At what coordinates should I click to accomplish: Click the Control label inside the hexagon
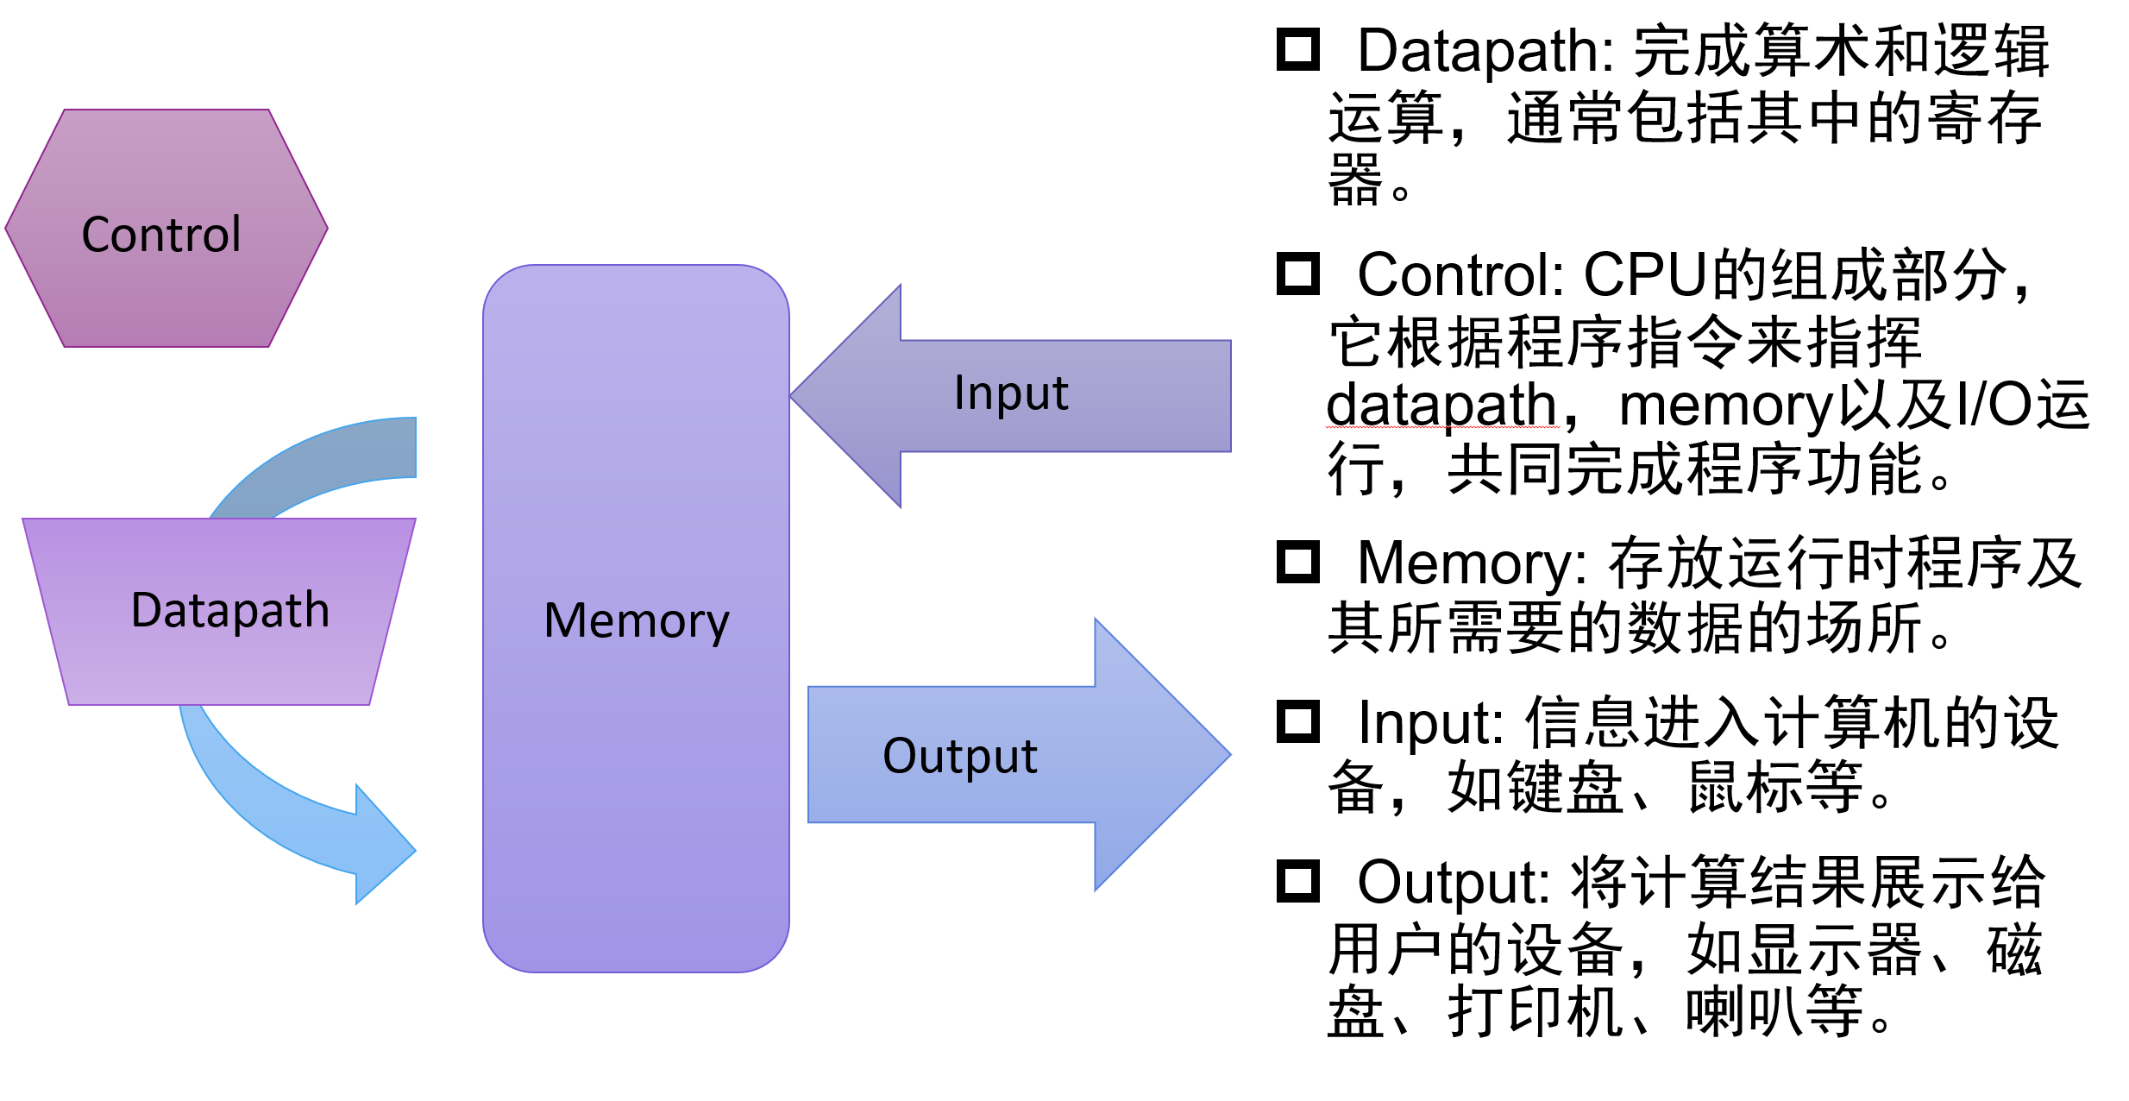click(161, 235)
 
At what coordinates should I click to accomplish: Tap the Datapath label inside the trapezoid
click(229, 611)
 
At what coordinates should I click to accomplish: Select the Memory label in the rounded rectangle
click(637, 621)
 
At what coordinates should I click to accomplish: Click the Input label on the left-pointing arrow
click(1011, 393)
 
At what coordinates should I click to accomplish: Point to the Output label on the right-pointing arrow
click(959, 757)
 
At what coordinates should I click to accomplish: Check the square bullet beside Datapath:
click(1298, 49)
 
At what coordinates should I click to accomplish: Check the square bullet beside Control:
click(1298, 274)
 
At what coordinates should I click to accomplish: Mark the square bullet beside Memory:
click(1298, 562)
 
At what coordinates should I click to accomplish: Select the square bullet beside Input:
click(1298, 721)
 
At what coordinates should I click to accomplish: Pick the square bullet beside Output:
click(1298, 881)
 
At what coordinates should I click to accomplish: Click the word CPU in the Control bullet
click(1645, 275)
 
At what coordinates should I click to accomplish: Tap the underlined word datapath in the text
click(1441, 405)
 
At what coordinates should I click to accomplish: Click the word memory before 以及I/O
click(1725, 405)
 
